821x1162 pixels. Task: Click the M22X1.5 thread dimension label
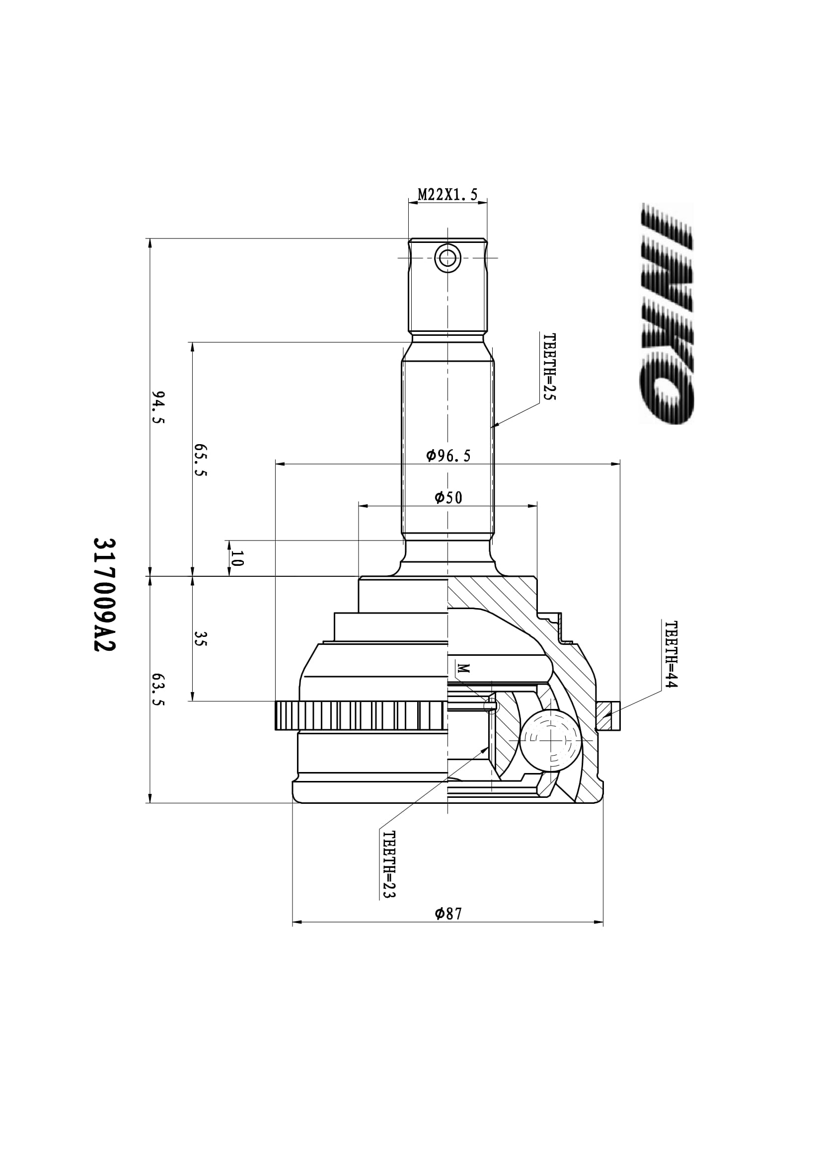click(448, 195)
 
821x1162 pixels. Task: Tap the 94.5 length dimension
click(158, 407)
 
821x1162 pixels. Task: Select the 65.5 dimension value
click(201, 460)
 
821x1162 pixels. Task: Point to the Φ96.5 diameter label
click(448, 456)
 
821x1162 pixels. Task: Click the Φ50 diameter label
click(448, 498)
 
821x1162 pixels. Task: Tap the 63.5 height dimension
click(158, 690)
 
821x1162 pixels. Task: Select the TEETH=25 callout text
click(549, 367)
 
